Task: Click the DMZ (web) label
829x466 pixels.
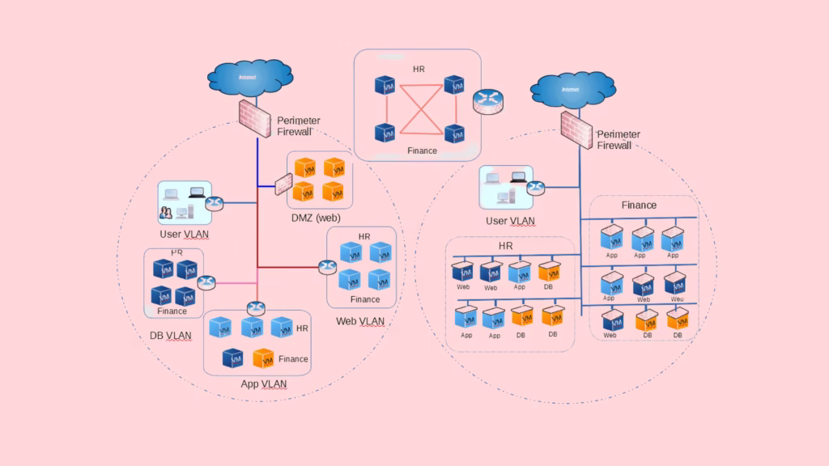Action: click(316, 218)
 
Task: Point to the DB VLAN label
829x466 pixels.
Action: click(170, 335)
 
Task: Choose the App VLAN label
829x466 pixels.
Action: click(264, 383)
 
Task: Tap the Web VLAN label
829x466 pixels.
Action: click(360, 322)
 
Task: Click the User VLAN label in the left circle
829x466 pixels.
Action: click(184, 235)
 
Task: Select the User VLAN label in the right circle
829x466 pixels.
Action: click(510, 221)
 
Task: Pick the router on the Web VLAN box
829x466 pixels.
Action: click(328, 267)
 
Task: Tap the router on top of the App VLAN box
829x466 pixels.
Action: click(257, 308)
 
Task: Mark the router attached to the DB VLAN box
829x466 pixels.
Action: click(206, 282)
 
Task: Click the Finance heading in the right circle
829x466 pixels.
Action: click(639, 205)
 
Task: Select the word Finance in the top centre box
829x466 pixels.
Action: click(422, 150)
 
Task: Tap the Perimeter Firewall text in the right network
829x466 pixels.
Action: click(619, 140)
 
